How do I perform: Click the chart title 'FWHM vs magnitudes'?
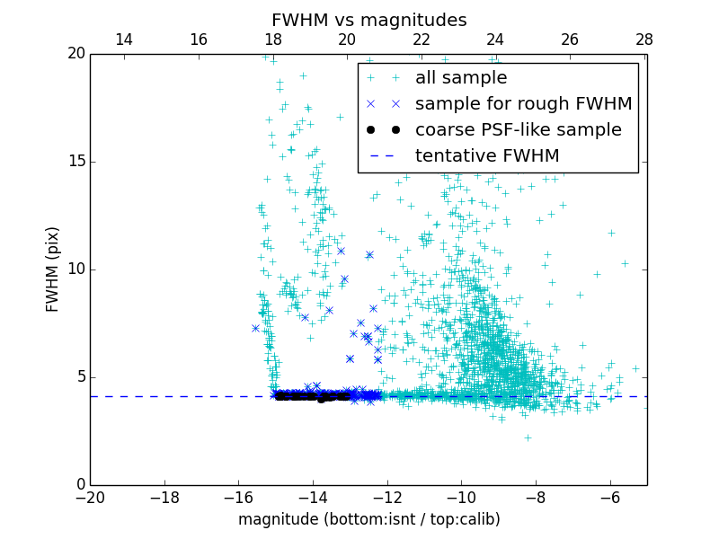click(368, 20)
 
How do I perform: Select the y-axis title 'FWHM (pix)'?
click(53, 269)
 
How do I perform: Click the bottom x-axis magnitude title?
click(368, 519)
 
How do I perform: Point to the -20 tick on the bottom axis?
click(90, 498)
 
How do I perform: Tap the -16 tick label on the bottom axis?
click(238, 498)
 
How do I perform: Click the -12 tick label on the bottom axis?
click(386, 498)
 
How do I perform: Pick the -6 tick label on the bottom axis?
click(609, 498)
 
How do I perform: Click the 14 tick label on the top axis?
click(124, 40)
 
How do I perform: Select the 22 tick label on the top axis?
click(422, 40)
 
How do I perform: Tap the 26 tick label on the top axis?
click(570, 40)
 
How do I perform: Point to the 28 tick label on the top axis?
click(644, 40)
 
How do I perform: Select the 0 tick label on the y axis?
click(78, 485)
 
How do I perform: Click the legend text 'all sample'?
click(461, 78)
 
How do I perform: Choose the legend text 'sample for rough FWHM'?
click(523, 104)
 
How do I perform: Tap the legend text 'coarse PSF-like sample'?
click(518, 130)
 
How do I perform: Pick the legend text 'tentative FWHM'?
click(487, 156)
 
